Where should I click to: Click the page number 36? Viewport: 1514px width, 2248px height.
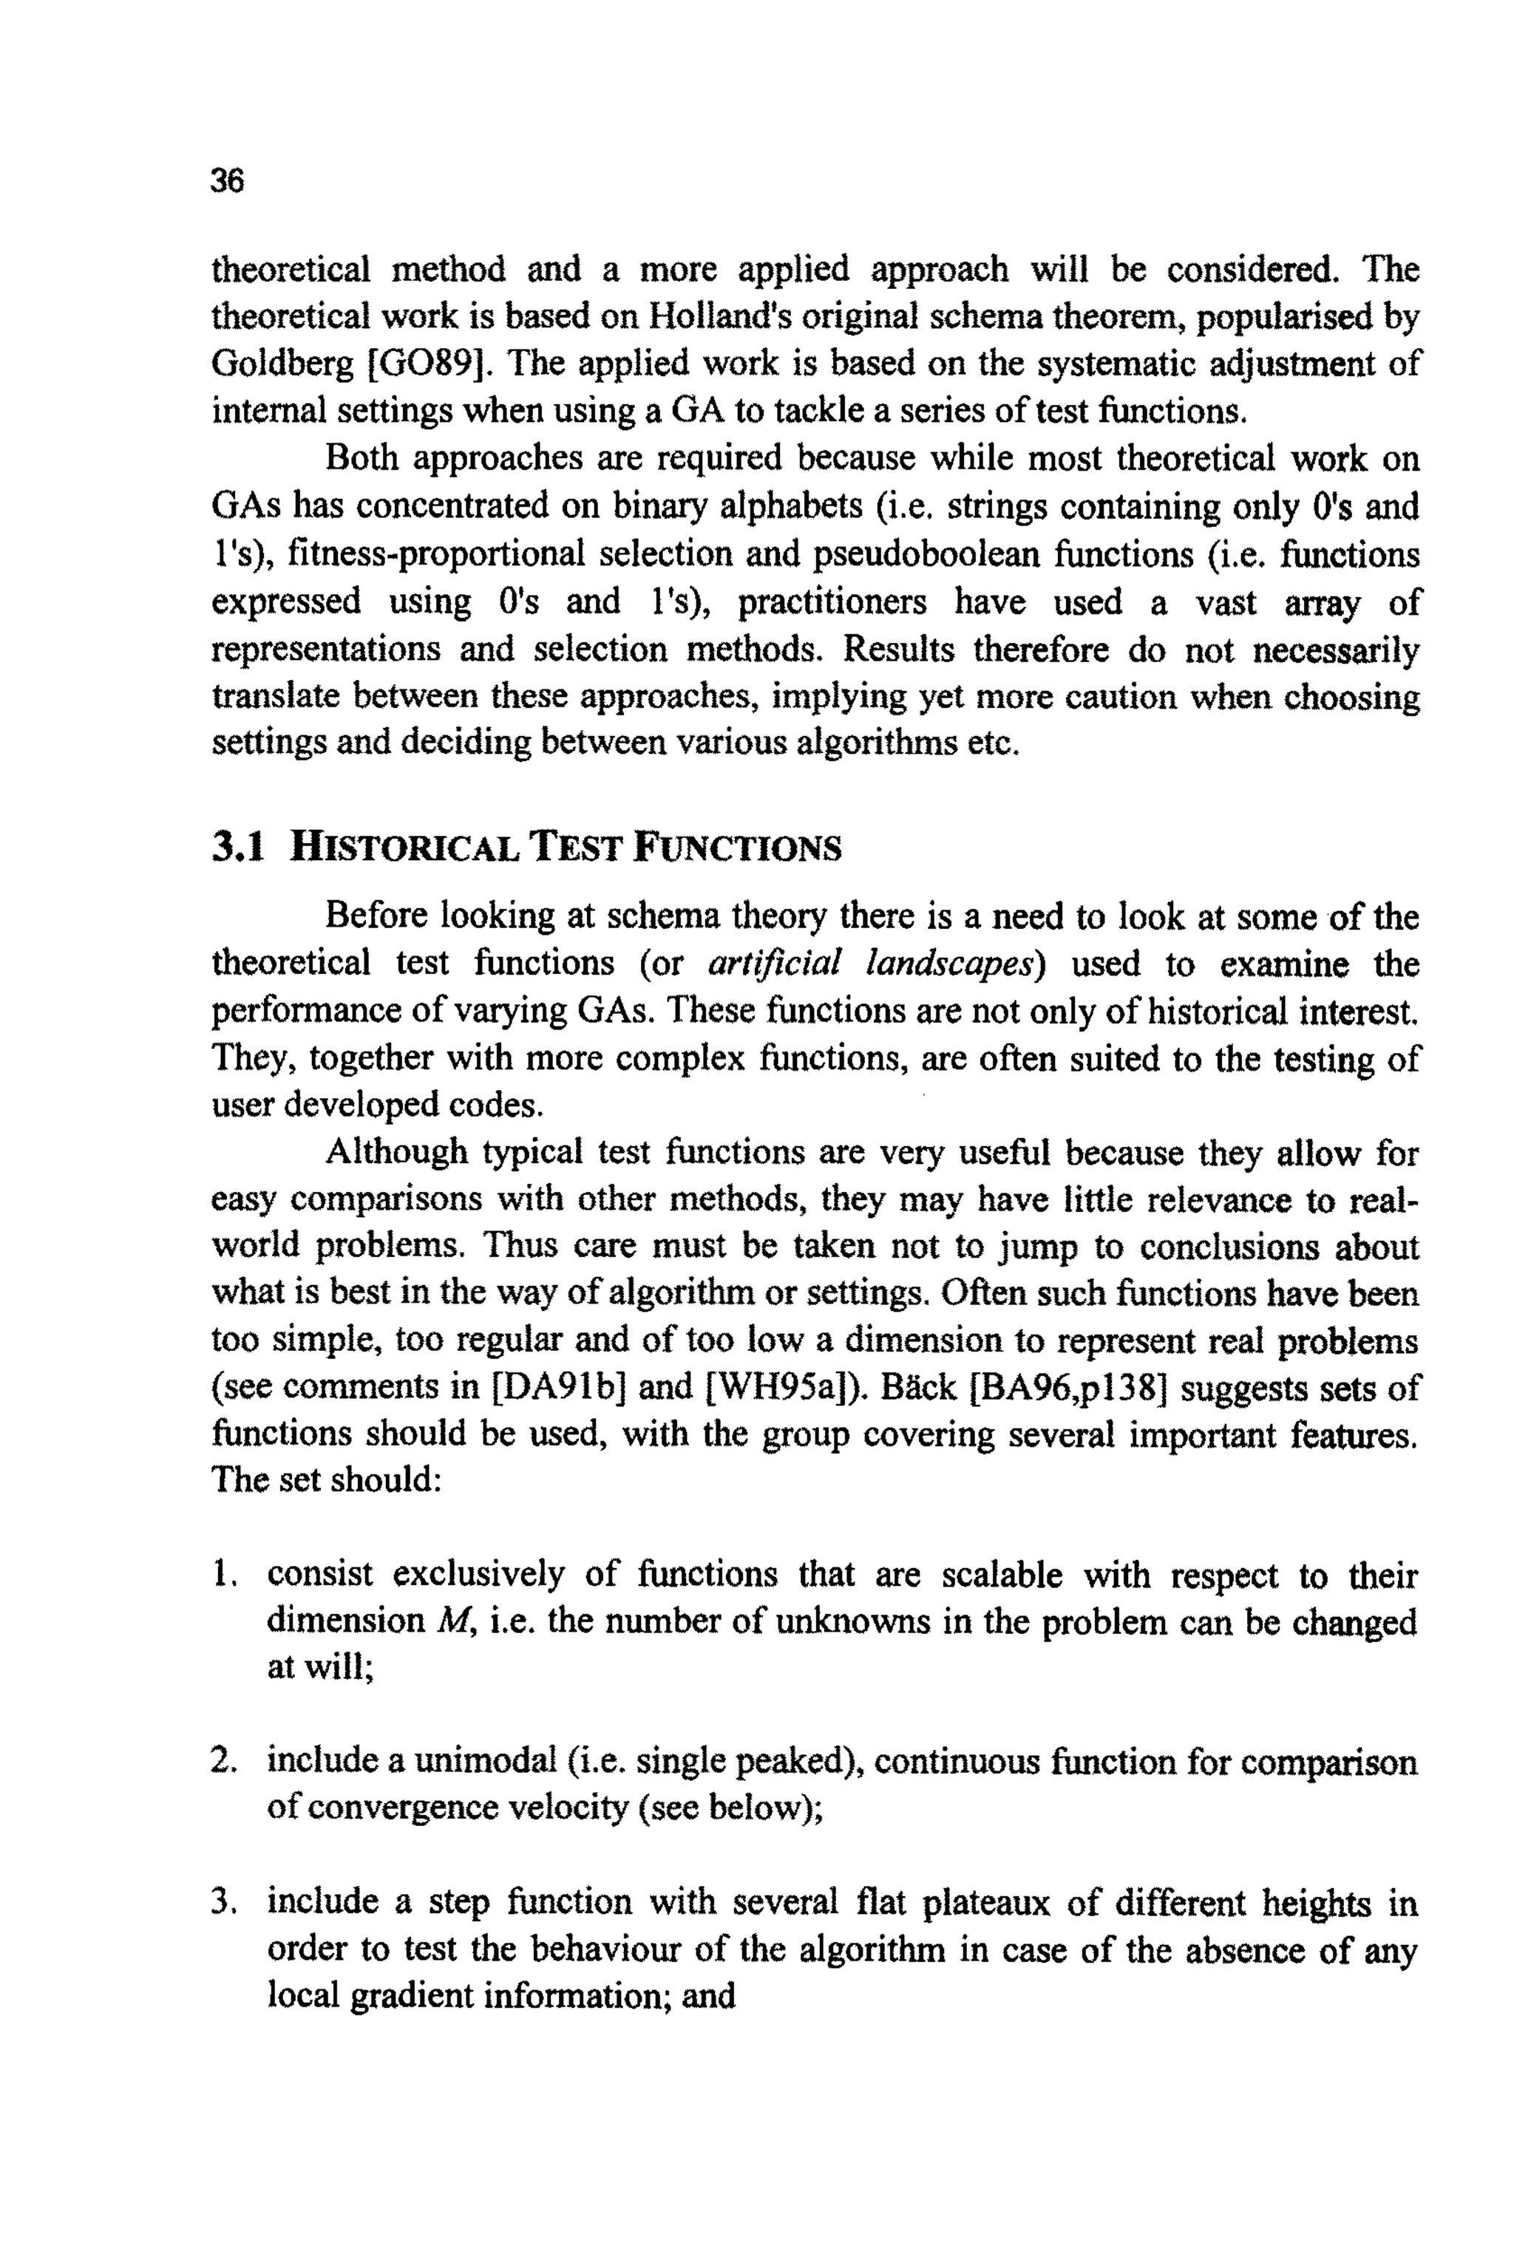click(228, 180)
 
